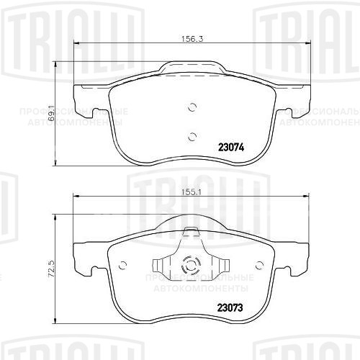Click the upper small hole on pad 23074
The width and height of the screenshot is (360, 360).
click(192, 108)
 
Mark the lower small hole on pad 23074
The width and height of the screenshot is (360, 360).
click(192, 137)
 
